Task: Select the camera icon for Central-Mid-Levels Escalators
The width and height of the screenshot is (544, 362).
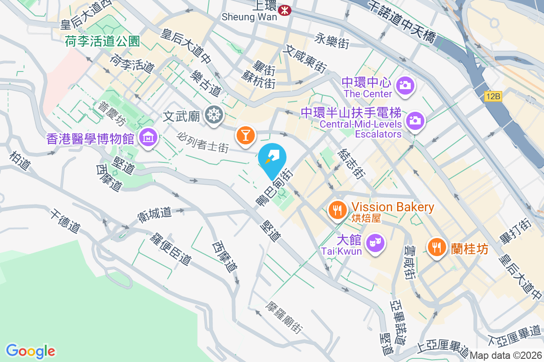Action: click(x=415, y=121)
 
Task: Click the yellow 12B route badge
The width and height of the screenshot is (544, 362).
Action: click(x=492, y=96)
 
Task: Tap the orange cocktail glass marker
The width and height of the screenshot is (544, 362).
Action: click(x=246, y=135)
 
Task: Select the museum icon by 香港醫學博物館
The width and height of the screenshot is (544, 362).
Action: click(x=148, y=136)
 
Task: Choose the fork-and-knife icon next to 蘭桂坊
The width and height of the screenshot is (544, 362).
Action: click(x=437, y=248)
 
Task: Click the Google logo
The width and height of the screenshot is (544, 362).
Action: click(x=30, y=351)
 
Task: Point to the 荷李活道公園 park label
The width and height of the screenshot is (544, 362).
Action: click(x=102, y=42)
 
